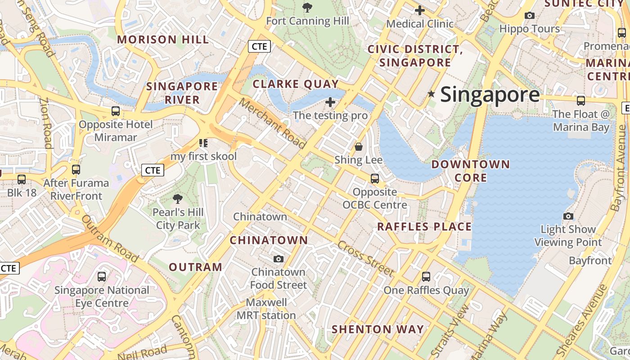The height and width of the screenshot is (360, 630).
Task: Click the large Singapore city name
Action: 490,94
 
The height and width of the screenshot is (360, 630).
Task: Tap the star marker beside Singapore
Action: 431,94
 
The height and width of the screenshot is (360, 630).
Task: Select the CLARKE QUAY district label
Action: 296,84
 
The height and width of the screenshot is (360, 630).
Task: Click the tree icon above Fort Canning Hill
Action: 307,7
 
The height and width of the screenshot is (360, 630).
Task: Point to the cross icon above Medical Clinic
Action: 419,10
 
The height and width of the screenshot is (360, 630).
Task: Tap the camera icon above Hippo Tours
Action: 530,16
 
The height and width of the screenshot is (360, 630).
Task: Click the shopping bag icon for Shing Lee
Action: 359,147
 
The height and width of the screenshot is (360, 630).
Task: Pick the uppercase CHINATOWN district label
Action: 269,240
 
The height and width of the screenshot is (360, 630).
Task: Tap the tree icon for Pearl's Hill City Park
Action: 178,198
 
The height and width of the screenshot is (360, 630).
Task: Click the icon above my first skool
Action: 203,143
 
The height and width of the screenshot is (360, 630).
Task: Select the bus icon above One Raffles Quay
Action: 426,277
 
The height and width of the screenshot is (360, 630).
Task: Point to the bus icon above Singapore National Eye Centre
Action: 102,277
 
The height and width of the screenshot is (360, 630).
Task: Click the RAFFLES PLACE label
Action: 424,227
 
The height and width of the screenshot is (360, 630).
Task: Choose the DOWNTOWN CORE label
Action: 471,171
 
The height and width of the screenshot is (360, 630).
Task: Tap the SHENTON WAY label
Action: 378,329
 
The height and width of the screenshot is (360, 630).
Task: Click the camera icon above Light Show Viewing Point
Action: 568,216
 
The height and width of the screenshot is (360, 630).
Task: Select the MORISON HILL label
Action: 163,40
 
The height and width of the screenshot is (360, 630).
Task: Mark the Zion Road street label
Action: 46,123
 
